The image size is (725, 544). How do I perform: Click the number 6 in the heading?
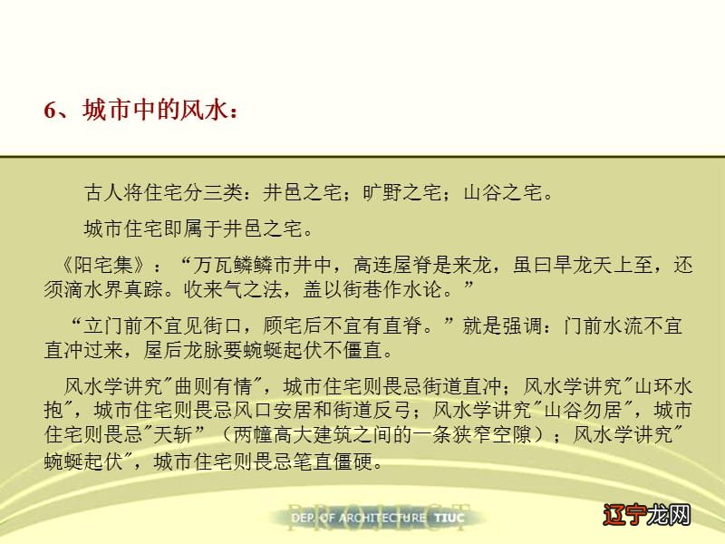51,111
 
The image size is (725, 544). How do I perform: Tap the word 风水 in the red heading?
203,111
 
